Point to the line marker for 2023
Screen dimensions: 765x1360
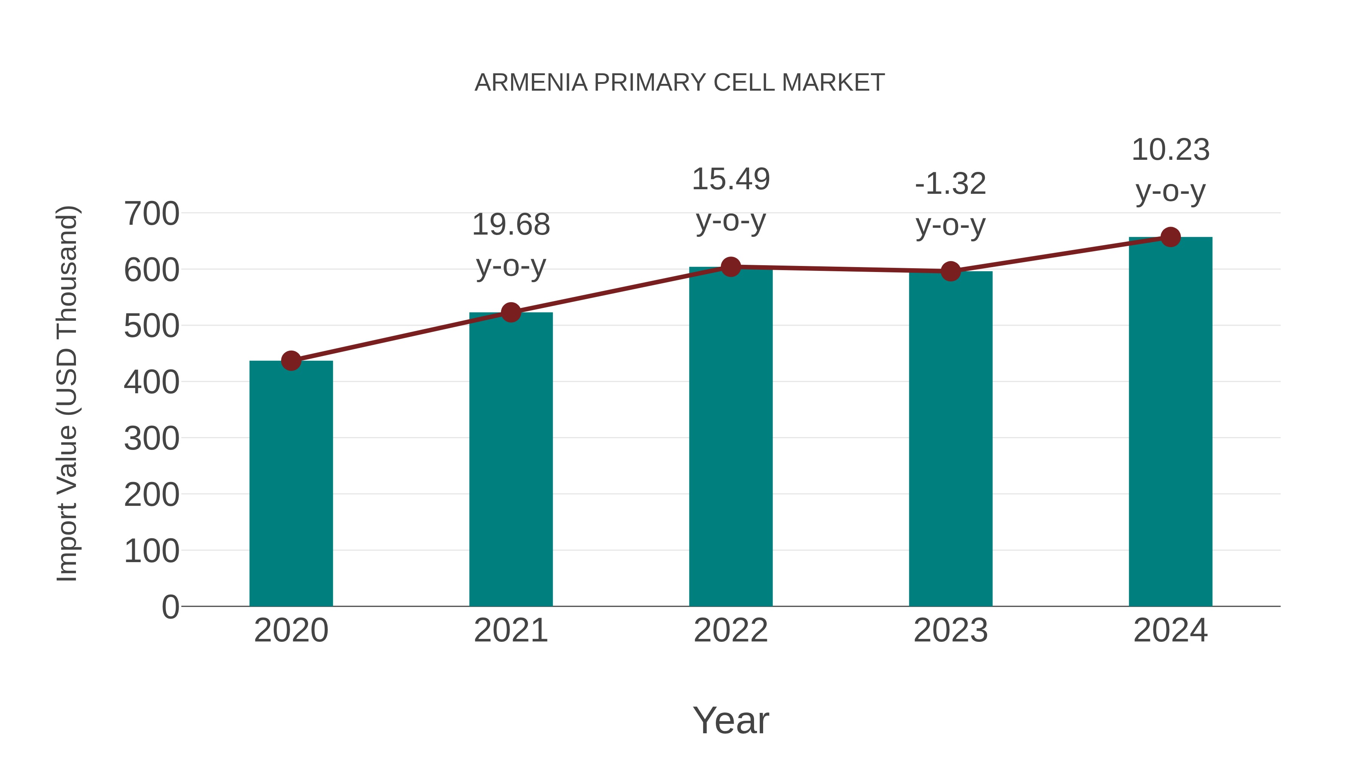pyautogui.click(x=950, y=271)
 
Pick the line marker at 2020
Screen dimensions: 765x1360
pyautogui.click(x=291, y=361)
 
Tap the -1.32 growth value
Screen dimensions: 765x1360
pyautogui.click(x=950, y=184)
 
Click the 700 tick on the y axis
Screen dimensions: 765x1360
pyautogui.click(x=151, y=214)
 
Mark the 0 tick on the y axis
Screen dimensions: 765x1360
pyautogui.click(x=170, y=607)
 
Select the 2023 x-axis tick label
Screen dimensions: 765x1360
pyautogui.click(x=950, y=631)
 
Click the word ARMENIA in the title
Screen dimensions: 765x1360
pyautogui.click(x=531, y=83)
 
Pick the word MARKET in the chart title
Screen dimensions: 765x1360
pyautogui.click(x=833, y=83)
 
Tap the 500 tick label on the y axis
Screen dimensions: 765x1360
pyautogui.click(x=151, y=326)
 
